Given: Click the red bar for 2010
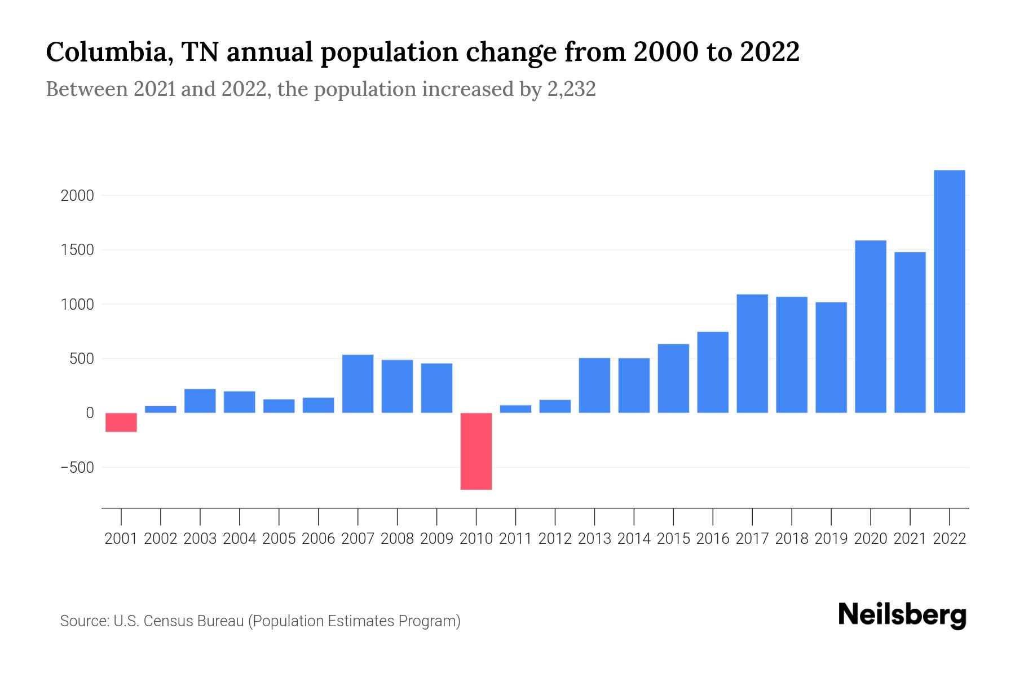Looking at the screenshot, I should pos(476,451).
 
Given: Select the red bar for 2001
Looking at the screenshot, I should pos(121,422).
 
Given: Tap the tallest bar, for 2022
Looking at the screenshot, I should pos(949,291).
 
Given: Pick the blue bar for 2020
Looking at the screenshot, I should pos(870,327).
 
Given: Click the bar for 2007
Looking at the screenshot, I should pos(358,384).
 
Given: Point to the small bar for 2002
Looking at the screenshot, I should pos(161,409).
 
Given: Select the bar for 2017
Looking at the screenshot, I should pos(752,354).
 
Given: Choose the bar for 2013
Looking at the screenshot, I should pos(594,385).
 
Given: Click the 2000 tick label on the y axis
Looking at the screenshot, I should pos(77,196).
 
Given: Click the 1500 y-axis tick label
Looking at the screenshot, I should pos(77,250).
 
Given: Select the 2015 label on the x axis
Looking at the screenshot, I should pos(673,539).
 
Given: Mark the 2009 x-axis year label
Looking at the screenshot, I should pos(436,539).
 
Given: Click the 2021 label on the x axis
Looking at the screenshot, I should pos(910,539).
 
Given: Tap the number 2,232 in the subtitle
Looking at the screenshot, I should pos(571,89).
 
